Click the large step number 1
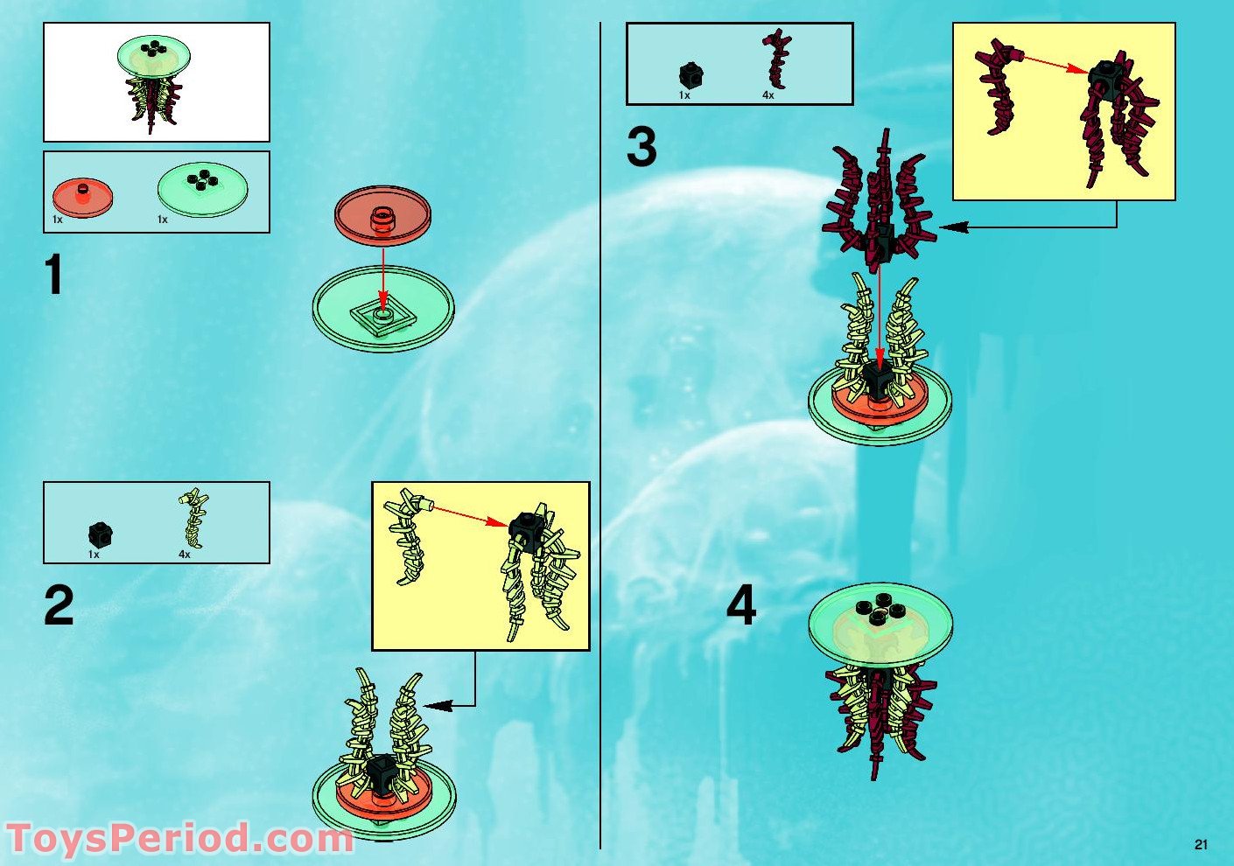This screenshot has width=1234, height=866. [x=54, y=275]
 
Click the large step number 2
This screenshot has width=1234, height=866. [x=59, y=605]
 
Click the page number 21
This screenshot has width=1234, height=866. [x=1201, y=844]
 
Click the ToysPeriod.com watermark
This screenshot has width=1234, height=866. [x=179, y=839]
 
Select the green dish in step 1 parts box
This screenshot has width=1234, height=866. [x=203, y=189]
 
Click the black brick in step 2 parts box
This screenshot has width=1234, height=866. [x=101, y=534]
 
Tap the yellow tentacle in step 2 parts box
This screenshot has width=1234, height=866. [x=194, y=518]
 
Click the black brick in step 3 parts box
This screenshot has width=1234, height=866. [x=691, y=75]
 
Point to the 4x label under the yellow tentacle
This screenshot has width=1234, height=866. [x=184, y=555]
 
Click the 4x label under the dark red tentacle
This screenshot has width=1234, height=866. [x=768, y=95]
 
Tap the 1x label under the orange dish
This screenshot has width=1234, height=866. [x=57, y=219]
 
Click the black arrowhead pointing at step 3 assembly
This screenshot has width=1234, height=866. [x=953, y=227]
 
